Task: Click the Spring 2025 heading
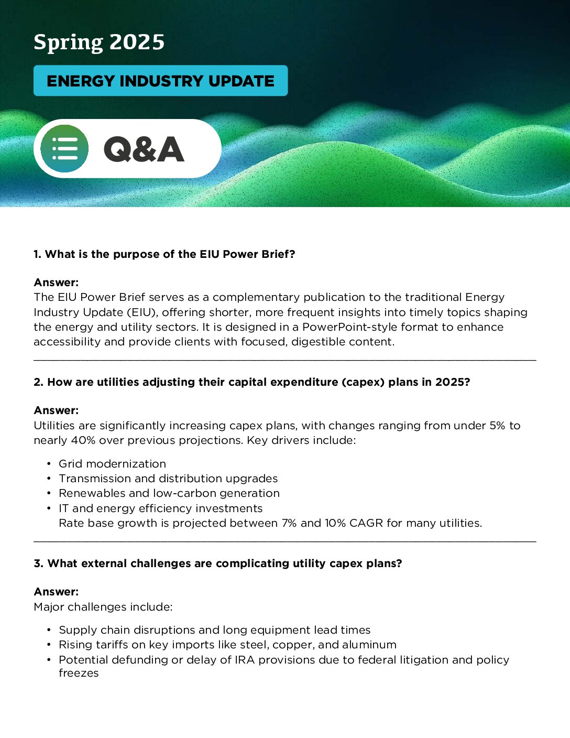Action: (x=99, y=42)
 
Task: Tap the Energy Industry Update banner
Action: (x=160, y=81)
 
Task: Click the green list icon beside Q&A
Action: (x=64, y=149)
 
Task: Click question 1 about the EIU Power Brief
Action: (x=165, y=254)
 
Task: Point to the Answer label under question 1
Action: (x=56, y=283)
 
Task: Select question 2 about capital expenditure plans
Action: (x=251, y=382)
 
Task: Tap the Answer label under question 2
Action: (x=56, y=410)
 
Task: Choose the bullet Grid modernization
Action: (x=112, y=464)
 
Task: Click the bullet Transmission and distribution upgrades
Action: (x=168, y=479)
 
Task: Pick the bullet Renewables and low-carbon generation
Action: (x=169, y=493)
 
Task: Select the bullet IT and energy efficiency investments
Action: (x=160, y=508)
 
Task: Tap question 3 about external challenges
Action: (x=218, y=563)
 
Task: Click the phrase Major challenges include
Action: (x=103, y=607)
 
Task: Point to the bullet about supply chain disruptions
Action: (x=214, y=630)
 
